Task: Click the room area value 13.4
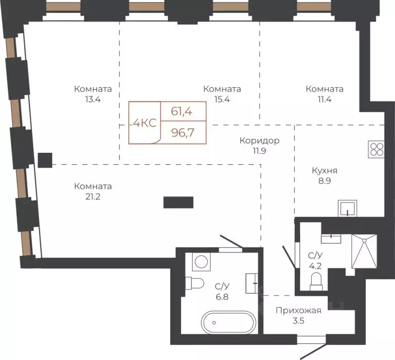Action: pos(93,100)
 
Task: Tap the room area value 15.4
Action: pos(222,100)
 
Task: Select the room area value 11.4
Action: pos(324,100)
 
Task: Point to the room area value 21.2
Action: pos(93,196)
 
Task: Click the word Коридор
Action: pos(260,141)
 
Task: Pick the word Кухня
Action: pos(324,171)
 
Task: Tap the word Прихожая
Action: pos(299,311)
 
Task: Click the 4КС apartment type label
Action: pos(145,123)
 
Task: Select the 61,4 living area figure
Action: pos(182,111)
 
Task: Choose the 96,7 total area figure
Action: pos(183,132)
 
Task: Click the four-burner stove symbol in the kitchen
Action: pos(376,149)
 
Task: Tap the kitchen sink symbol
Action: pos(348,208)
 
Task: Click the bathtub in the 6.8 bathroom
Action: pos(229,323)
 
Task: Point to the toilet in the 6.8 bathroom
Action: pos(195,284)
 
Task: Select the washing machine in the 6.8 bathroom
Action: pos(201,262)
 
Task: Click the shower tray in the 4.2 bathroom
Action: pos(364,252)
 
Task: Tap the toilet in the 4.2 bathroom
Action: pos(316,282)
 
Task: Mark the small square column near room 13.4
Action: pos(45,160)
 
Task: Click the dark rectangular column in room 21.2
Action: pos(178,203)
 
